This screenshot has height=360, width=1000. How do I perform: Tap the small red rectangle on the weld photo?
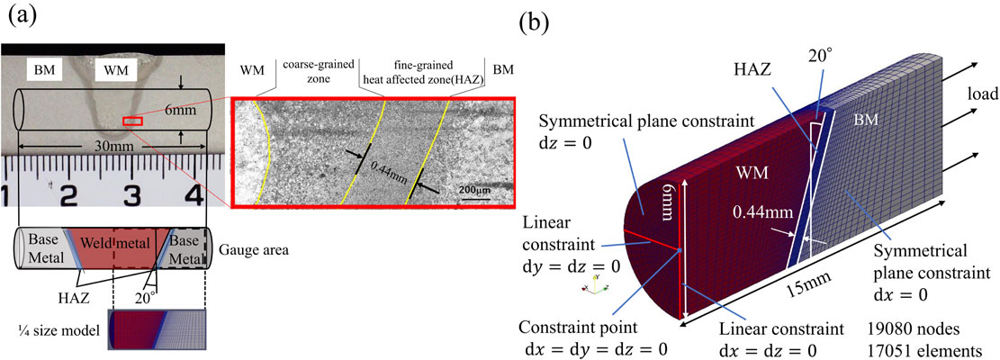click(x=131, y=121)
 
